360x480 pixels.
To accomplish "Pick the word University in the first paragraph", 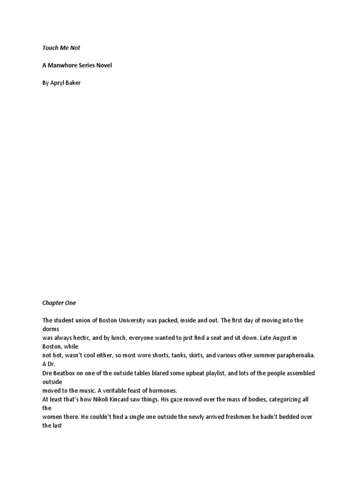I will click(x=144, y=320).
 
